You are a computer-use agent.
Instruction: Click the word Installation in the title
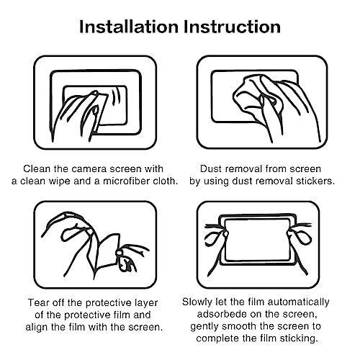click(128, 27)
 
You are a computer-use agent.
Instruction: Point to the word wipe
click(66, 180)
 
